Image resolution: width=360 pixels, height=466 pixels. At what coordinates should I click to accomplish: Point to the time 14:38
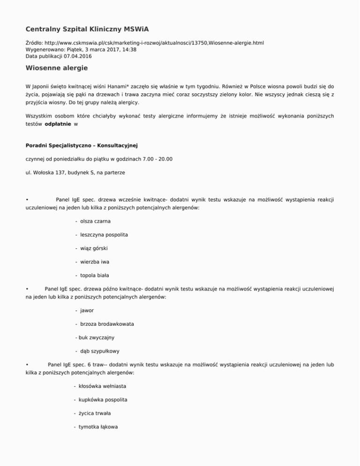pos(129,49)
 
